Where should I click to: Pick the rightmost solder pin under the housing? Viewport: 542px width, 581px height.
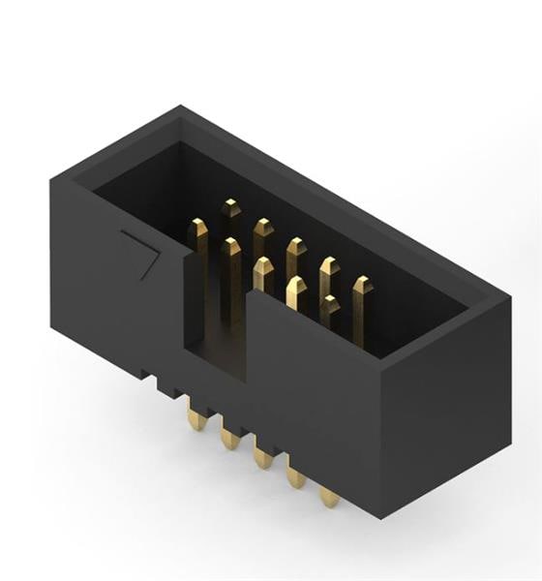329,497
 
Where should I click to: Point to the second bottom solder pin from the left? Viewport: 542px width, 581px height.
230,439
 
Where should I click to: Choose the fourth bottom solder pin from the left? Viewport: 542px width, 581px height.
296,476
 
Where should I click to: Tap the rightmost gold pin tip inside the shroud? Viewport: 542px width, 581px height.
361,286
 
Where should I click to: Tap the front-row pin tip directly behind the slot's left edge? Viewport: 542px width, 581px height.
230,246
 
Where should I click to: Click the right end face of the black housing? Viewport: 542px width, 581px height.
445,397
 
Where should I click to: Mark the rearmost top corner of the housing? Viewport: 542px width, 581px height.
179,107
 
